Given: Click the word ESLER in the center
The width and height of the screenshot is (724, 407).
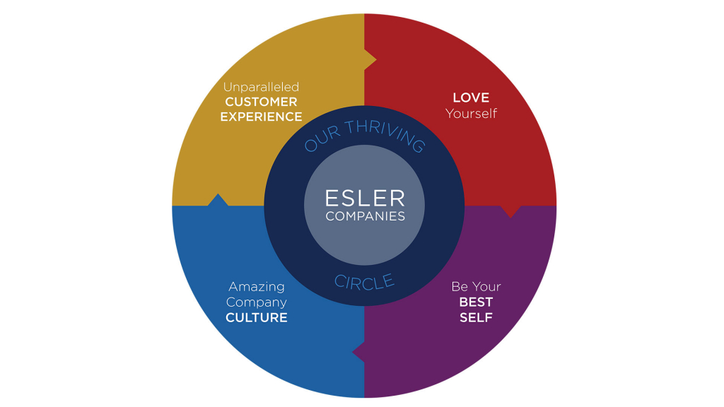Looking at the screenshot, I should (x=364, y=199).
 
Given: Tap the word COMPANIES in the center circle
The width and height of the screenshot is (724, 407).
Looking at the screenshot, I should (x=365, y=216).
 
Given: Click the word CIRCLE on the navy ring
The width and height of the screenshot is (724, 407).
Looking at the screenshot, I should (x=364, y=282).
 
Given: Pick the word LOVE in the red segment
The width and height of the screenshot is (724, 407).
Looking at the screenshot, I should (x=471, y=98).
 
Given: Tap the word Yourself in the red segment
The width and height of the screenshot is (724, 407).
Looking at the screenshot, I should (x=471, y=113).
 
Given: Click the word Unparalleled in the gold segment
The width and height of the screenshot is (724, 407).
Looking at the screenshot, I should (x=261, y=87).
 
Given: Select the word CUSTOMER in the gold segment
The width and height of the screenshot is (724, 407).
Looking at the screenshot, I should (x=261, y=102).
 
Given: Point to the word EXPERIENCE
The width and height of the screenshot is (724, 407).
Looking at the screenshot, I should (x=261, y=117).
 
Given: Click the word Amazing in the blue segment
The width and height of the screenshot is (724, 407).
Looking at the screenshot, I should (x=256, y=287).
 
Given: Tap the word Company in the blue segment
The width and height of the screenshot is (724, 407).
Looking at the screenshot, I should (x=256, y=302).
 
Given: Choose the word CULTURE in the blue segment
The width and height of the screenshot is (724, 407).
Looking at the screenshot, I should (x=256, y=318).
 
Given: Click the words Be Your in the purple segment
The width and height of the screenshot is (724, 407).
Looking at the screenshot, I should (x=476, y=287).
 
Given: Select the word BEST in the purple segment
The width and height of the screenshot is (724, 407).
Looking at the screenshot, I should (x=476, y=302).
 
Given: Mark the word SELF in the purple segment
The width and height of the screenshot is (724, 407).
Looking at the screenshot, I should (x=476, y=318).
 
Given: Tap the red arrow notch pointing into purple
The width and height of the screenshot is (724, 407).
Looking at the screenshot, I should (x=510, y=211).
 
